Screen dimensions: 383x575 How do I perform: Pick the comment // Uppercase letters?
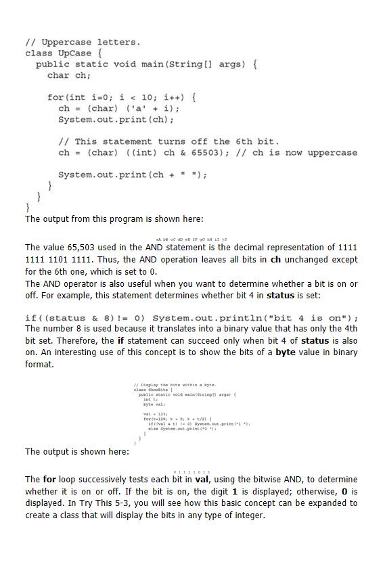(x=83, y=42)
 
